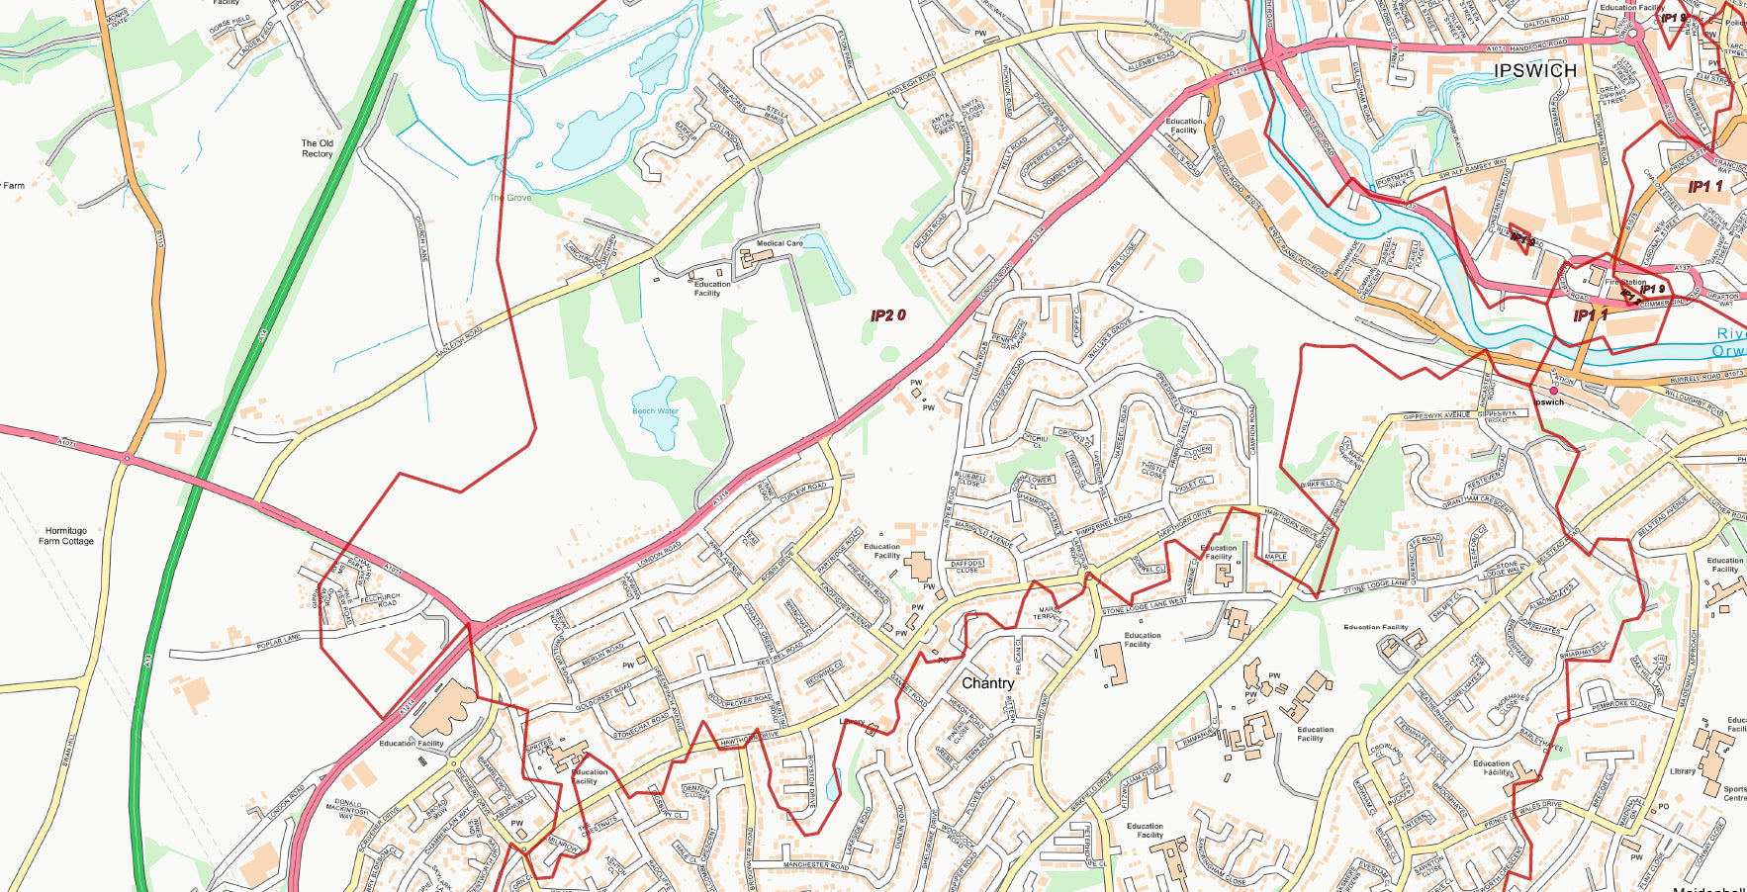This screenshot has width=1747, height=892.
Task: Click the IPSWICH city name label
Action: pyautogui.click(x=1535, y=70)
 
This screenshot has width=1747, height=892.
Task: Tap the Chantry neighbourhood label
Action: pyautogui.click(x=987, y=683)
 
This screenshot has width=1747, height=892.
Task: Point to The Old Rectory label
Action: pyautogui.click(x=318, y=148)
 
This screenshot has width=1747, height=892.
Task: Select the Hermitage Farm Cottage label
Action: pyautogui.click(x=66, y=536)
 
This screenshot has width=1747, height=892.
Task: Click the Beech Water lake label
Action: pyautogui.click(x=655, y=411)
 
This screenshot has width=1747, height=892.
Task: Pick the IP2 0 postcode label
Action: pyautogui.click(x=887, y=315)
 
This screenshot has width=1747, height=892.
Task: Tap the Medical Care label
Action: pyautogui.click(x=780, y=243)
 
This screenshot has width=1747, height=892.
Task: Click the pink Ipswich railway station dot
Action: pyautogui.click(x=1553, y=391)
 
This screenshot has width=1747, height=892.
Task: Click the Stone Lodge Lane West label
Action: pyautogui.click(x=1144, y=604)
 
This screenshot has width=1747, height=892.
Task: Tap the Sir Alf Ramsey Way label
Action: pyautogui.click(x=1473, y=168)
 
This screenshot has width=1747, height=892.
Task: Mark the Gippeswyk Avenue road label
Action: pyautogui.click(x=1436, y=415)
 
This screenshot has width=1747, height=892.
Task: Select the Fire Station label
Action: pyautogui.click(x=1625, y=282)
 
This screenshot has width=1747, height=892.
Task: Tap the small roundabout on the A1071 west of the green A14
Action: pyautogui.click(x=127, y=458)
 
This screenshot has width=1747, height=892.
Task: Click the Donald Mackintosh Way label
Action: pyautogui.click(x=350, y=808)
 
